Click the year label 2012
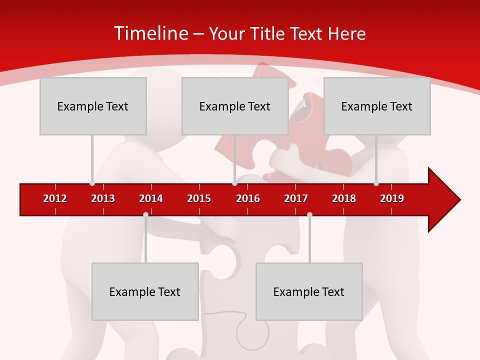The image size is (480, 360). point(55,198)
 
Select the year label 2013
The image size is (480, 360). point(103,198)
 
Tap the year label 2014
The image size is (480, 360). point(151,198)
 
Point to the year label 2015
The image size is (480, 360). point(199,198)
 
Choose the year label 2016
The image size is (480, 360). point(248,198)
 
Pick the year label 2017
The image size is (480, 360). point(296,198)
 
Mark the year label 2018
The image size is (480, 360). point(344,198)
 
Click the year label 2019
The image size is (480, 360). point(392,198)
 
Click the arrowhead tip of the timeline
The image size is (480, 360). point(459,199)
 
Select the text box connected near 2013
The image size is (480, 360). point(93,106)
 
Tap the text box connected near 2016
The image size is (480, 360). point(235,106)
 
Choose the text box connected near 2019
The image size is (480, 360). point(377,106)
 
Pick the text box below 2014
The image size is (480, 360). point(145,291)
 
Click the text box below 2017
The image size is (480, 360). point(309,291)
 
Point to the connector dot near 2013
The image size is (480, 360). point(92,183)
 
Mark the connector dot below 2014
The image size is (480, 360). point(145,215)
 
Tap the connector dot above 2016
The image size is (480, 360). point(234,183)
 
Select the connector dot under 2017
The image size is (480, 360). point(309,215)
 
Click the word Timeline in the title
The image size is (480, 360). point(150,33)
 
